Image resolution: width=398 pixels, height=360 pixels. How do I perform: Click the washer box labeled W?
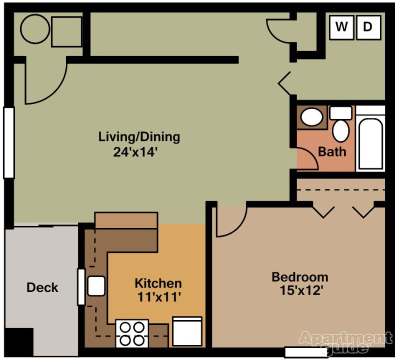pyautogui.click(x=342, y=27)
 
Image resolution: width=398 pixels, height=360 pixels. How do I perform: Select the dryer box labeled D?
pyautogui.click(x=368, y=27)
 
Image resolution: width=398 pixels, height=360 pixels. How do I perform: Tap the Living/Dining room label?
pyautogui.click(x=139, y=136)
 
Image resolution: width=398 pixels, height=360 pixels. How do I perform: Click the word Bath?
pyautogui.click(x=332, y=151)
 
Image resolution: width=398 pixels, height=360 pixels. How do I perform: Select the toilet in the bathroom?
pyautogui.click(x=342, y=126)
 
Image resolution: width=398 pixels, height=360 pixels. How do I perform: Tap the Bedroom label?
pyautogui.click(x=300, y=276)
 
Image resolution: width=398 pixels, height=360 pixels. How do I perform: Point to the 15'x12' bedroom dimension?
pyautogui.click(x=300, y=291)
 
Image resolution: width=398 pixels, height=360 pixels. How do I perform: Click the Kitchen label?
pyautogui.click(x=158, y=283)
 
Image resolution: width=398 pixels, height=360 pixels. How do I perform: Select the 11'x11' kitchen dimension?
pyautogui.click(x=158, y=297)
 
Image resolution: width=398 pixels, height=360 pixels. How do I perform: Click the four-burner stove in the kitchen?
pyautogui.click(x=132, y=333)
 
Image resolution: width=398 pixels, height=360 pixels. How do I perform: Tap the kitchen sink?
pyautogui.click(x=96, y=286)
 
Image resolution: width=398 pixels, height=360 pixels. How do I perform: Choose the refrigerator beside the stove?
pyautogui.click(x=187, y=331)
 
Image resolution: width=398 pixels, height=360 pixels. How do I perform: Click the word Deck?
pyautogui.click(x=42, y=287)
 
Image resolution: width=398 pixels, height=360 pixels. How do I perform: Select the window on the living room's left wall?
pyautogui.click(x=8, y=142)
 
